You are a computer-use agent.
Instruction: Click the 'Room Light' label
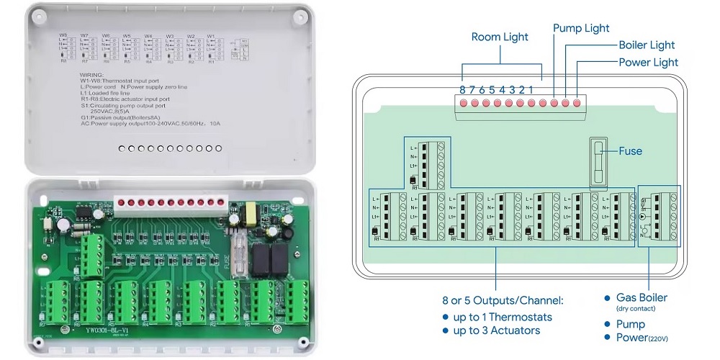(x=500, y=37)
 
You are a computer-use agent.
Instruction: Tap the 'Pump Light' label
(x=581, y=28)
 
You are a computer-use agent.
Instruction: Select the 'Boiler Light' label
(x=647, y=45)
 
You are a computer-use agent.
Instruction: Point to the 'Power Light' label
(x=648, y=63)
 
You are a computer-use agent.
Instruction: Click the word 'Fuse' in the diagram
(x=630, y=151)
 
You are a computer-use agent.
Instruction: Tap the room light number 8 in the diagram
(x=463, y=90)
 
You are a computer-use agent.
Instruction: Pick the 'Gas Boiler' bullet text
(x=642, y=297)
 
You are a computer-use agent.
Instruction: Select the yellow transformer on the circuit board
(x=253, y=214)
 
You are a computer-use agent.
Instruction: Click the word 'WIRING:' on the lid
(x=92, y=74)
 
